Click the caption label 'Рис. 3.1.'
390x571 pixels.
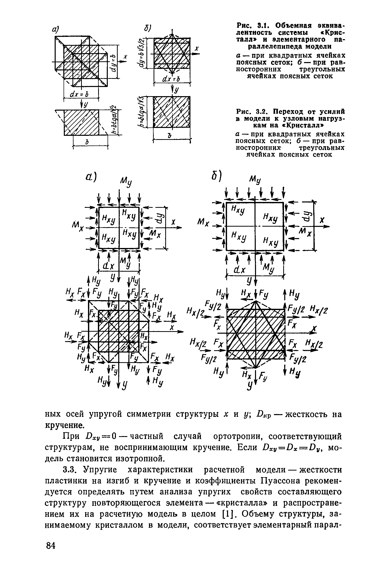(251, 26)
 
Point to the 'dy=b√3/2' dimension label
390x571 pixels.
(141, 53)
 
